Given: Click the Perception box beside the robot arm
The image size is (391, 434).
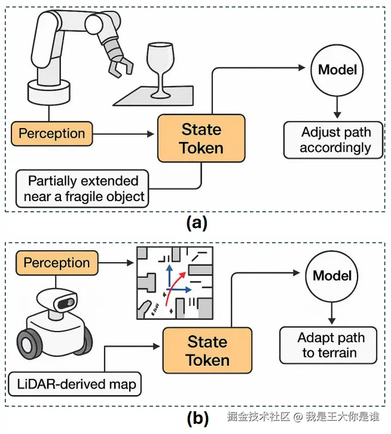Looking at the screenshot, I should point(52,133).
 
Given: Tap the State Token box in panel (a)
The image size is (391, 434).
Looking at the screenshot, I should point(201,138).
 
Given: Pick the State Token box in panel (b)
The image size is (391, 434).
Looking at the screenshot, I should point(207,351).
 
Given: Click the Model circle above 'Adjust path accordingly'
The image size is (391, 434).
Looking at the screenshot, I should point(337,69).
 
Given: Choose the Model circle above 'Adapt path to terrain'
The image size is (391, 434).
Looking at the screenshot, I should point(333,276).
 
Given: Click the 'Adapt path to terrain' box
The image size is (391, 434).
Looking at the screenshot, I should point(328,345).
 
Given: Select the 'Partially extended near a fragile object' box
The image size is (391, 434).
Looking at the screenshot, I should point(83,189).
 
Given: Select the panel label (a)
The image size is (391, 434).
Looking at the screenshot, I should point(197,223).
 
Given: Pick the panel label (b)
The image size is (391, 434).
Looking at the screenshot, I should point(197,418).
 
